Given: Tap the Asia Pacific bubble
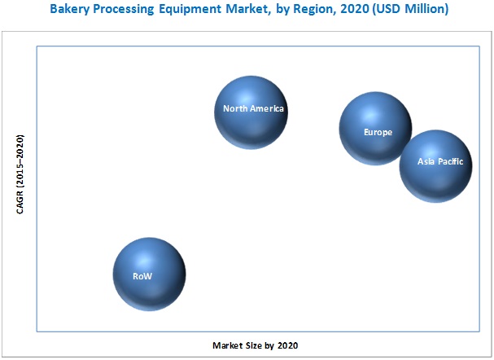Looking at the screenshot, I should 435,166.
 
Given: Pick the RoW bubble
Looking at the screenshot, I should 149,274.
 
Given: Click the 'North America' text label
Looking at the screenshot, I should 256,109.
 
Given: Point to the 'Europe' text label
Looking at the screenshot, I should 378,131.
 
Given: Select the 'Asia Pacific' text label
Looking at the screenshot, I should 440,162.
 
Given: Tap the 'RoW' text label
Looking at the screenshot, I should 142,277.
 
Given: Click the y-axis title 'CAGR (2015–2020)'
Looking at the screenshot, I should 20,175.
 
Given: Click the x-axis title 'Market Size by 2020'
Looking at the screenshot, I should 255,346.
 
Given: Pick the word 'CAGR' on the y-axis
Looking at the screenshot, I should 20,200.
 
